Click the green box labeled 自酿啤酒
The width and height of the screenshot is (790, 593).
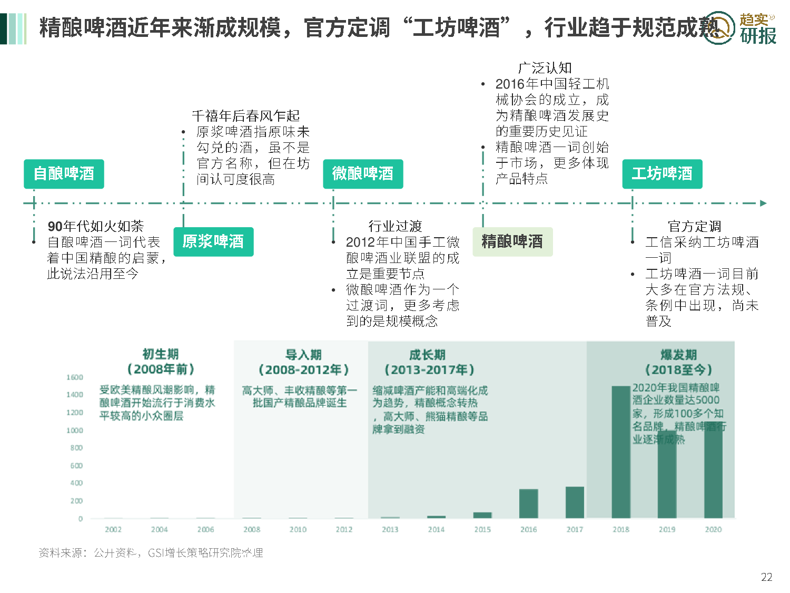[x=64, y=174]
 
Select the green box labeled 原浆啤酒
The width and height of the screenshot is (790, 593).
[x=213, y=242]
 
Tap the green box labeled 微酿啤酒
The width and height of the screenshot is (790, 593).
[x=363, y=174]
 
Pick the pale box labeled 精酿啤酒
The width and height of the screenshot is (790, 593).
[x=512, y=242]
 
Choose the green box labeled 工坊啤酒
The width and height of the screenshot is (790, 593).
[x=662, y=174]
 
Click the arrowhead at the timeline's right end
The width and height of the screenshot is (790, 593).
[x=763, y=203]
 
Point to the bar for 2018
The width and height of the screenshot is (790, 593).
[x=621, y=452]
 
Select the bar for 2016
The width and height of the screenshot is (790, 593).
[x=528, y=503]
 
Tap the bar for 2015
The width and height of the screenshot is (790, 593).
[x=482, y=515]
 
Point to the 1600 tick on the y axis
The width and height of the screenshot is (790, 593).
[x=75, y=377]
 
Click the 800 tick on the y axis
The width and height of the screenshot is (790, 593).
[x=76, y=448]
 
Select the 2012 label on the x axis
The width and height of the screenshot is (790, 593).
[x=344, y=529]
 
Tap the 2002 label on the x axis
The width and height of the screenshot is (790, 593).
[x=113, y=529]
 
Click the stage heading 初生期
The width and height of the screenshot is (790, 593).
[x=161, y=354]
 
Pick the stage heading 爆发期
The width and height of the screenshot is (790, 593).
[x=678, y=355]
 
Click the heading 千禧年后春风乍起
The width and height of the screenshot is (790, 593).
[x=245, y=116]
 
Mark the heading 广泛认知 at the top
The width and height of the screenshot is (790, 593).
[x=545, y=68]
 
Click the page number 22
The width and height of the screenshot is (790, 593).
[x=766, y=577]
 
